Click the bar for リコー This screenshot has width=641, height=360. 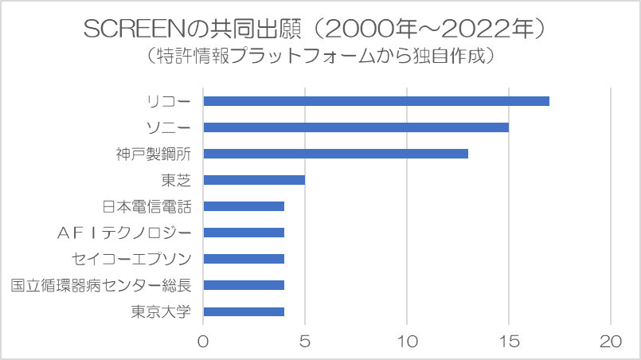point(376,101)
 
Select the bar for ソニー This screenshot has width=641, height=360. point(356,127)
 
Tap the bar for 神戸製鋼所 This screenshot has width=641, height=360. point(335,154)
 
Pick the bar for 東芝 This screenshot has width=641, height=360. point(254,180)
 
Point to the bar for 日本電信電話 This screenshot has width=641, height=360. point(244,206)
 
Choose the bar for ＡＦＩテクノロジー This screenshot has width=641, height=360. point(244,233)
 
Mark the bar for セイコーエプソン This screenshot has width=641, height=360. point(244,259)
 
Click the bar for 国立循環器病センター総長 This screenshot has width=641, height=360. point(244,285)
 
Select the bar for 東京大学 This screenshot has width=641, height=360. point(244,311)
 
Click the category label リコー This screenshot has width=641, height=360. point(169,101)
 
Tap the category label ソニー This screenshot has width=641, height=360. point(169,127)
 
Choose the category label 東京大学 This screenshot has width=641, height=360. point(161,311)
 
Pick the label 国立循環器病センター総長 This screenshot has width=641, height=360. point(102,285)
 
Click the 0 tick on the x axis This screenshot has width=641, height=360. point(204,341)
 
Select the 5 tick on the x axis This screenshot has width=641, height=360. point(305,341)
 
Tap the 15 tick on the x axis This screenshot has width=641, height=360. point(509,341)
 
